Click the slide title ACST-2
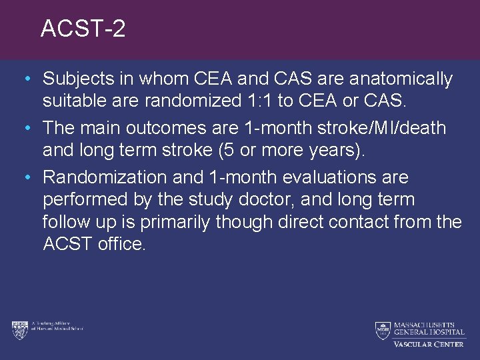point(83,29)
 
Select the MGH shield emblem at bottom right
point(382,330)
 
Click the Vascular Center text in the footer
point(428,344)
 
